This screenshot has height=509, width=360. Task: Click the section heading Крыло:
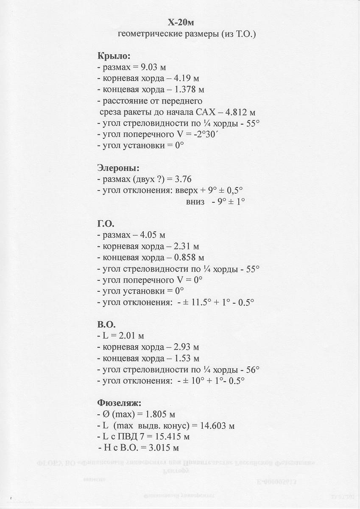114,56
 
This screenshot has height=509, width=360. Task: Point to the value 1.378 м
189,89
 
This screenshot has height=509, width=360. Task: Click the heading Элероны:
118,168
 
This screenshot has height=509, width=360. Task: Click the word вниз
195,202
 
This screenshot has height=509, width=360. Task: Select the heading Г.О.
106,224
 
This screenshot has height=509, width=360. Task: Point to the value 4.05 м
152,235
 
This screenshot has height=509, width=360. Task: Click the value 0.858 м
189,257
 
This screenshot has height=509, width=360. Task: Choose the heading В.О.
106,324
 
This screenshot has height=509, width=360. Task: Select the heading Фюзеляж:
119,403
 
